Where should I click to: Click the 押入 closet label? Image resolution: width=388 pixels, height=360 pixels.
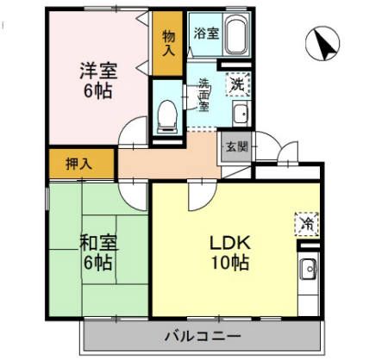(x=81, y=162)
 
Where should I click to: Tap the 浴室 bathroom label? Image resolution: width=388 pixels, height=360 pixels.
(x=205, y=34)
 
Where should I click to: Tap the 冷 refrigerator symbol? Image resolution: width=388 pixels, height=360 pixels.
(x=306, y=223)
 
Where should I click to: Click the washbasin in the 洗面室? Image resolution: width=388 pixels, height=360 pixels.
(x=241, y=113)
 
